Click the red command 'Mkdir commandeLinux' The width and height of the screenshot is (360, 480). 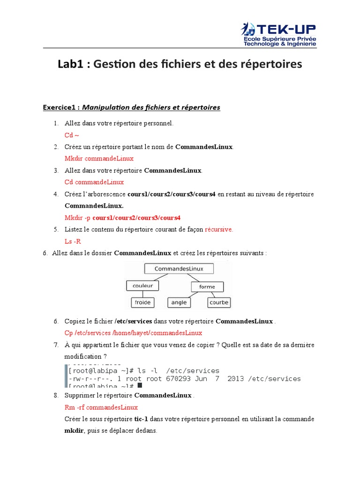[99, 158]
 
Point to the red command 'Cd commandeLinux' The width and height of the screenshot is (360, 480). [94, 182]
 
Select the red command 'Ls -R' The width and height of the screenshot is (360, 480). [73, 241]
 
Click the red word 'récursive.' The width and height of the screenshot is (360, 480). [219, 229]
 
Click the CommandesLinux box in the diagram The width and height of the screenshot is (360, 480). [179, 269]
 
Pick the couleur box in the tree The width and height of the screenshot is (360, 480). [142, 285]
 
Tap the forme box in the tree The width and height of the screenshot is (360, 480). [207, 286]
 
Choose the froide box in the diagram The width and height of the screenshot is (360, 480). [142, 302]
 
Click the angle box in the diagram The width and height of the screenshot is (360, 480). [179, 302]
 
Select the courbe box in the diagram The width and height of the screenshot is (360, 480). [219, 302]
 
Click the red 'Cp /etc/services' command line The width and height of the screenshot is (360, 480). [133, 333]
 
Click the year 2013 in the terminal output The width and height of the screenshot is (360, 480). [235, 379]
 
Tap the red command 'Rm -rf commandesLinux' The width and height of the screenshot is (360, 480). [101, 407]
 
